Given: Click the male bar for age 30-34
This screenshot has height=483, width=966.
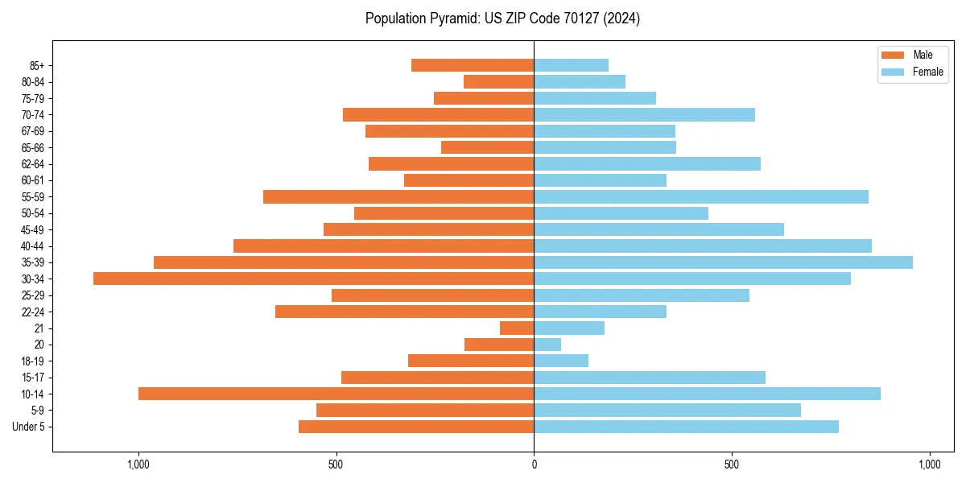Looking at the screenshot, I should coord(314,279).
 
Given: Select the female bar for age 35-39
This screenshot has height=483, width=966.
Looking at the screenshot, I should coord(723,262).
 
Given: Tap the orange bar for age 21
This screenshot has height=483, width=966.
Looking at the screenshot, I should coord(517,328).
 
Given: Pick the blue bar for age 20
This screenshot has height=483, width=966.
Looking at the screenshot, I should coord(547,345).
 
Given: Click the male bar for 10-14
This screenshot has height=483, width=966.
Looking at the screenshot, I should coord(336,394).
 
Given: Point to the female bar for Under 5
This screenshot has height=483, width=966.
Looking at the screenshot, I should coord(686,427).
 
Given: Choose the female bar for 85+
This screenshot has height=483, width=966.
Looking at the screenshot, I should coord(571,65).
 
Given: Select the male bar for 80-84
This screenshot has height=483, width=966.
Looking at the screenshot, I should coord(498,81).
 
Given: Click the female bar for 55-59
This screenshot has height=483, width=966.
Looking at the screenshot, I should coord(701,196).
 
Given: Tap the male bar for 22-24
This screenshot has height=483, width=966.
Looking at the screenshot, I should coord(404,312).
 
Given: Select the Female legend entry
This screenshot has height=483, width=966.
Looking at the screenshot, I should coord(927,72).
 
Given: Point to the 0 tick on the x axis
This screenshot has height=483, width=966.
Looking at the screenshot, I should coord(534,464).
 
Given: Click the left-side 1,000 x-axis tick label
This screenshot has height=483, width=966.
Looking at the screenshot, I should coord(138,464).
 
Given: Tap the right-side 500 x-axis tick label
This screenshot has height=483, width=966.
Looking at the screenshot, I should coord(732,464).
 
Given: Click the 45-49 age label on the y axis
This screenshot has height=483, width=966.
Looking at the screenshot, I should coord(32,229).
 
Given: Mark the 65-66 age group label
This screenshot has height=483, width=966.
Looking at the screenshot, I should coord(32,147).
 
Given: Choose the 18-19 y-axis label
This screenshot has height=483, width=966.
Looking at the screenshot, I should coord(32,361).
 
